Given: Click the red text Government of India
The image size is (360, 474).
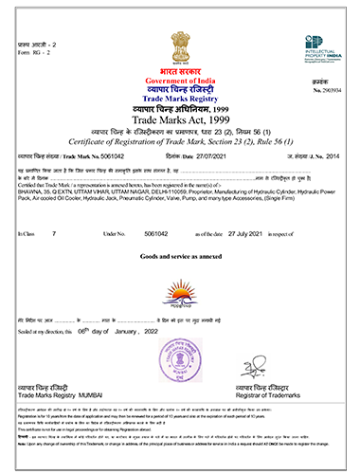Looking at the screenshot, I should pyautogui.click(x=178, y=83).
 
